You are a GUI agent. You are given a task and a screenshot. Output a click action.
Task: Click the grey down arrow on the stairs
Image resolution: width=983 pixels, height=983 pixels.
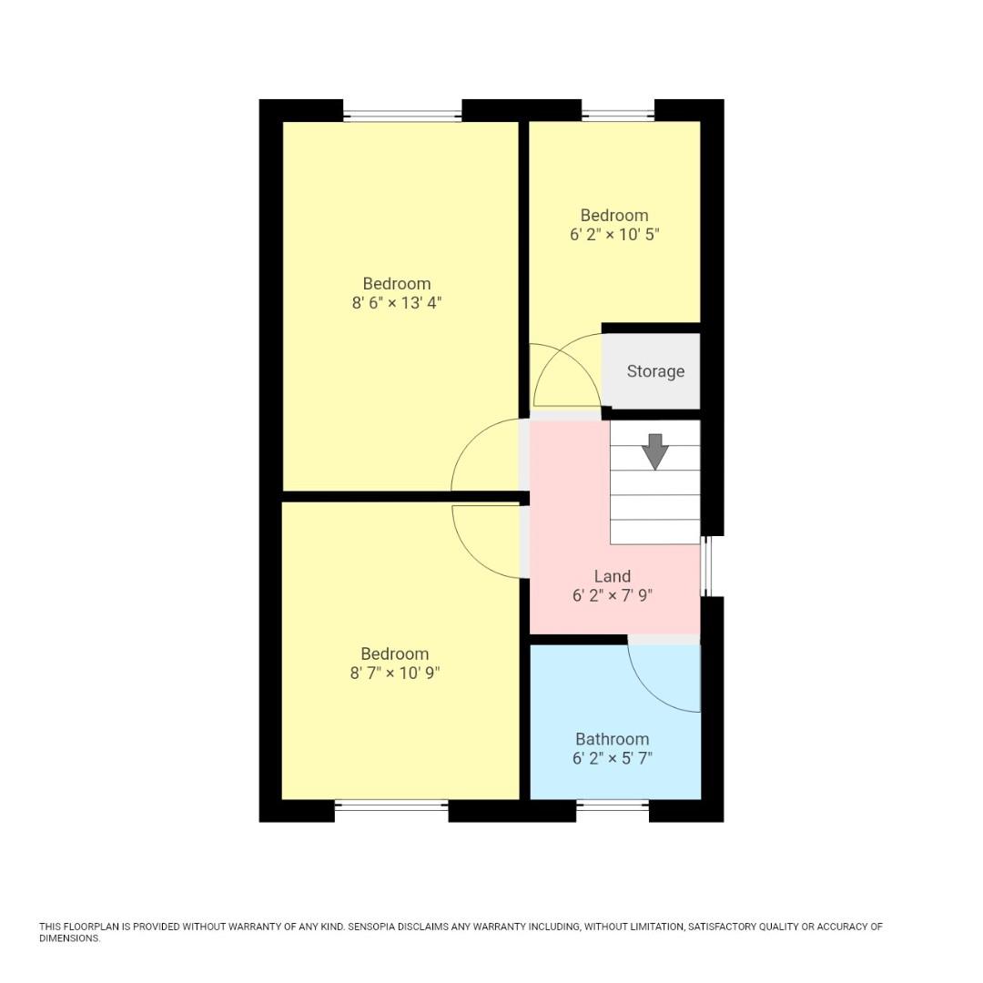pos(654,451)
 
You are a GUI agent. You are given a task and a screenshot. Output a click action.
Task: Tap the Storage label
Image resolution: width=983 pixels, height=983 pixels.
pos(655,371)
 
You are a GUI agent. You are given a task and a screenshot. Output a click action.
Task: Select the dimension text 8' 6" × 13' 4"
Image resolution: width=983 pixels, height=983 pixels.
pos(396,303)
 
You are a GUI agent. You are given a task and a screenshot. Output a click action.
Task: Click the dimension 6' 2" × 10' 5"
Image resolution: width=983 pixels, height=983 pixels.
pos(613,235)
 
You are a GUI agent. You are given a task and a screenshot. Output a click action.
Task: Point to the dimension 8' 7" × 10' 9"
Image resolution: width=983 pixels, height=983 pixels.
pos(394,674)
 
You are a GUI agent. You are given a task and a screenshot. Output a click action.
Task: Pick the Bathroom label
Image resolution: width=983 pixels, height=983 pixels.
pos(612,739)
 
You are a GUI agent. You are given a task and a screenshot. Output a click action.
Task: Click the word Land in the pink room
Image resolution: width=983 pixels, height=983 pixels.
pos(612,576)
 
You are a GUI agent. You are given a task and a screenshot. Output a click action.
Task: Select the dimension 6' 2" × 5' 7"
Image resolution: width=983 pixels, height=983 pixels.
pos(612,759)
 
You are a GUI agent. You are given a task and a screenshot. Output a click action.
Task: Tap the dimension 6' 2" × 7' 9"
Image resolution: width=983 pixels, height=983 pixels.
pos(612,596)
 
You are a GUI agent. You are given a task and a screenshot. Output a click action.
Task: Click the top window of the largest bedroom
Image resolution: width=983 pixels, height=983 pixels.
pos(401,116)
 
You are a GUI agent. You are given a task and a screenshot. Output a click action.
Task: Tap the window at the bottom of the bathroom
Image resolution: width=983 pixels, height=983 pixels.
pos(612,805)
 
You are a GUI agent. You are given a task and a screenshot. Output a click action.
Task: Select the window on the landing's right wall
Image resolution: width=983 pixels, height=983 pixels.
pos(705,566)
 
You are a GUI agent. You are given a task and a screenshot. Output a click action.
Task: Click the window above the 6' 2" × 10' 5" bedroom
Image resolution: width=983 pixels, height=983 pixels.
pos(617,116)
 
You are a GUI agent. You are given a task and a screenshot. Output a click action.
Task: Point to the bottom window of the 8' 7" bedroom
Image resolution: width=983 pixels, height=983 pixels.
pos(390,805)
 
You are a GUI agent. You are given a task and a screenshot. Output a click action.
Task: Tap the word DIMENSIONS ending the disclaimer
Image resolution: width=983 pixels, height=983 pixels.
pos(69,938)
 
